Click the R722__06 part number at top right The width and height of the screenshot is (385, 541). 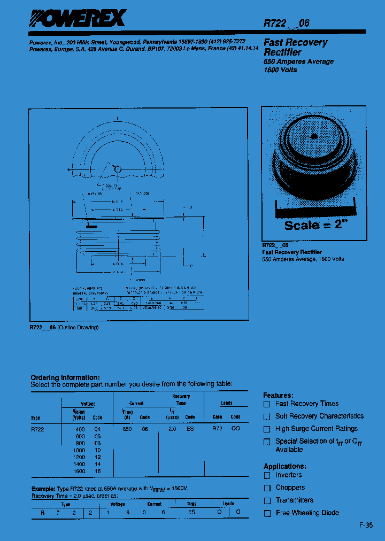tap(286, 23)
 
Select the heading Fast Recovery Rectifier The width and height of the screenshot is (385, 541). tap(295, 47)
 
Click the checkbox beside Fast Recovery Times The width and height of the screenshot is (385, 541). tap(267, 404)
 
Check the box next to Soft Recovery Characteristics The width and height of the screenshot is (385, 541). tap(267, 416)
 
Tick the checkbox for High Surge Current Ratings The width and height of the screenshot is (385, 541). tap(267, 429)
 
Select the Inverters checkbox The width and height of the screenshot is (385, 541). tap(267, 475)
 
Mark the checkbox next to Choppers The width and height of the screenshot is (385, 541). tap(267, 488)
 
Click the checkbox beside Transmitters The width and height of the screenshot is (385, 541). tap(267, 501)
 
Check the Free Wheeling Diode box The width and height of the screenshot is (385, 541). tap(267, 513)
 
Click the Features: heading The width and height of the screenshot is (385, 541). tap(278, 395)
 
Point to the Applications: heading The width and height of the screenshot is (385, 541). tap(284, 466)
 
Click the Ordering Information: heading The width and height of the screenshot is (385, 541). tap(65, 377)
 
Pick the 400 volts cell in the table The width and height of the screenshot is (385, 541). tap(80, 429)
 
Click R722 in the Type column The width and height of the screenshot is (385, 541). tap(38, 429)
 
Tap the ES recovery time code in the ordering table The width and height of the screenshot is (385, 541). tap(190, 429)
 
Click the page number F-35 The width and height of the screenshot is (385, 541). tap(366, 525)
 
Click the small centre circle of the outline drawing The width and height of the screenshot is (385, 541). tap(118, 169)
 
